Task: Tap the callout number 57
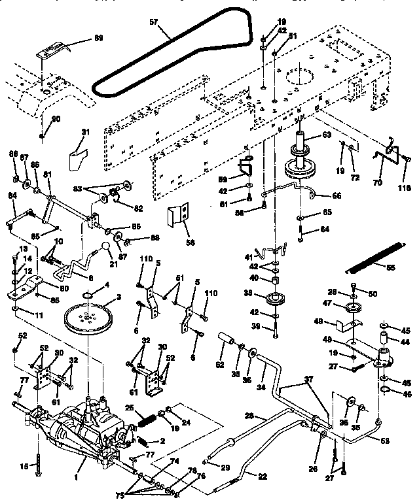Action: pyautogui.click(x=154, y=21)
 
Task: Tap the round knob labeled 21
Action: pyautogui.click(x=104, y=246)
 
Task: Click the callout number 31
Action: pyautogui.click(x=84, y=133)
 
